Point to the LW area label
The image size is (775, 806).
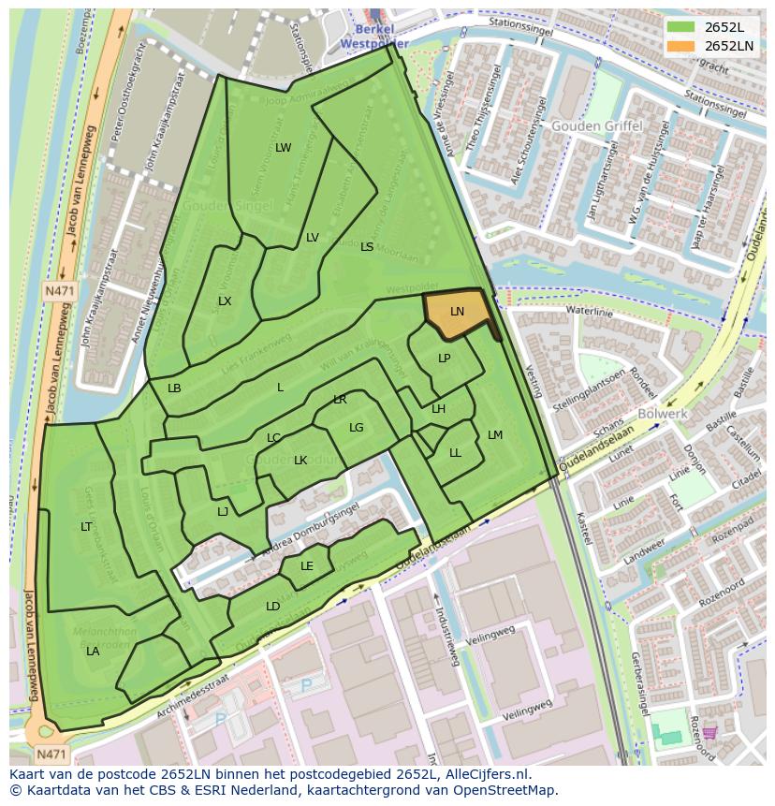(284, 148)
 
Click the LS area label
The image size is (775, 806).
(367, 247)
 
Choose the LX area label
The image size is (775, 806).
(225, 301)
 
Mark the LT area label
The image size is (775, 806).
(86, 527)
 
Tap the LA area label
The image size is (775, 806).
(93, 651)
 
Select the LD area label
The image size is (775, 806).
(272, 607)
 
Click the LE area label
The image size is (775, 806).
(307, 566)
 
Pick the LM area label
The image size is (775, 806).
(495, 435)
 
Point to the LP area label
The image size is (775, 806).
(445, 359)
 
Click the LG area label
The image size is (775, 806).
(357, 428)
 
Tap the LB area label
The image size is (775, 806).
(174, 388)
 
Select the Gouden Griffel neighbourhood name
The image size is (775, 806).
(596, 126)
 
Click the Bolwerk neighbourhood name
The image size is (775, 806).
(663, 414)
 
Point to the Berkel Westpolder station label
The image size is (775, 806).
(374, 37)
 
